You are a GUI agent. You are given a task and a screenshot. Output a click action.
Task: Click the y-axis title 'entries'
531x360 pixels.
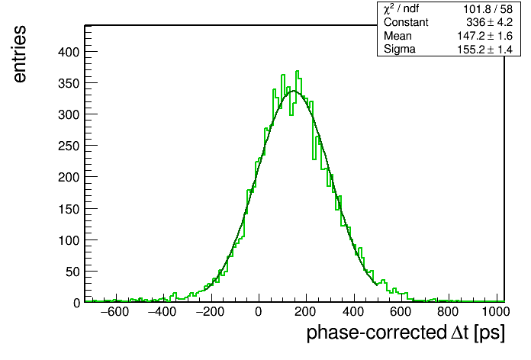[x=20, y=54]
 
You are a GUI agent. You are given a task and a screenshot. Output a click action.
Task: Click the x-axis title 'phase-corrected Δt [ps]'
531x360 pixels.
[x=406, y=333]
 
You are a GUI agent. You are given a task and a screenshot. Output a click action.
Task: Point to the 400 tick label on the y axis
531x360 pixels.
[x=69, y=52]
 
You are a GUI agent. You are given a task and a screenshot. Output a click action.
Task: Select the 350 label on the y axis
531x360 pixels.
[x=69, y=83]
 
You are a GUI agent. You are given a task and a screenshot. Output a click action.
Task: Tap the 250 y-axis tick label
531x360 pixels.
[x=69, y=146]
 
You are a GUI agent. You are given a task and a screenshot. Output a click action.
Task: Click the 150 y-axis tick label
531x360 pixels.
[x=69, y=209]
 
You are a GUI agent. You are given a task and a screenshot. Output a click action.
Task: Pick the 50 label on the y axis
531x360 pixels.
[x=72, y=272]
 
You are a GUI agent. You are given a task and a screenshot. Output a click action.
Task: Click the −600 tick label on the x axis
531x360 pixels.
[x=114, y=311]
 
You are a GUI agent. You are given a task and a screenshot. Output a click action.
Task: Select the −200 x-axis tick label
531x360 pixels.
[x=210, y=311]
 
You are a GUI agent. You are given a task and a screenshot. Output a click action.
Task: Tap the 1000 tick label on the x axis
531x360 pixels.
[x=495, y=311]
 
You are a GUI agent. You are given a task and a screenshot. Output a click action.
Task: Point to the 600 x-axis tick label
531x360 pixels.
[x=401, y=311]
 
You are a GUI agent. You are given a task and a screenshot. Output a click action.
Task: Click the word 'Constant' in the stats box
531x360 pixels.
[x=406, y=22]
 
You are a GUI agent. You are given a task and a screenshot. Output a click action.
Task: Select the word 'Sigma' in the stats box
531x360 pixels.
[x=400, y=50]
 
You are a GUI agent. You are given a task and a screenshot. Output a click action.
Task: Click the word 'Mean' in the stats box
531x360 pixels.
[x=397, y=36]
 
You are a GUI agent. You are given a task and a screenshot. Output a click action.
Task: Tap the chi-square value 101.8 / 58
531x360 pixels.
[x=488, y=9]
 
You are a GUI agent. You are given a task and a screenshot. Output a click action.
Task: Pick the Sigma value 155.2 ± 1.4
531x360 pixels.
[x=485, y=50]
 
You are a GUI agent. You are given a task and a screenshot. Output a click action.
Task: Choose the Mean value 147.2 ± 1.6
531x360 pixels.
[x=485, y=36]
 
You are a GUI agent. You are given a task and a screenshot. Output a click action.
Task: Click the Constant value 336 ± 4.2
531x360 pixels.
[x=489, y=22]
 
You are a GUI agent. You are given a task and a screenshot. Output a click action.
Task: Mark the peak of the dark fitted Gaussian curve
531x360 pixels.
[x=294, y=91]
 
